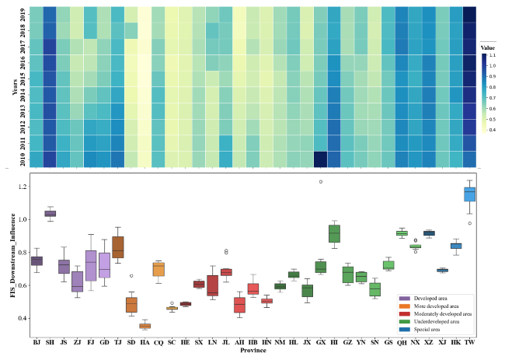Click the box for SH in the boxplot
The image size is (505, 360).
click(x=50, y=213)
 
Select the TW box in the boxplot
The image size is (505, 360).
click(x=469, y=194)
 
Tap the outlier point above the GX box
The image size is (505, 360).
click(x=320, y=182)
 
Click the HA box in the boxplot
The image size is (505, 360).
click(x=145, y=326)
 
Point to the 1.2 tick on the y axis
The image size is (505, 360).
click(x=25, y=187)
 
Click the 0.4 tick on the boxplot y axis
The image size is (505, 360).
click(x=25, y=319)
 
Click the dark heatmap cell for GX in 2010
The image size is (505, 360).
click(x=320, y=159)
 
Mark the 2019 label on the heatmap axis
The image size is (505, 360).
click(x=23, y=12)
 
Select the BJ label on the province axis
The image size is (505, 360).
click(x=37, y=341)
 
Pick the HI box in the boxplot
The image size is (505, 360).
click(x=334, y=233)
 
